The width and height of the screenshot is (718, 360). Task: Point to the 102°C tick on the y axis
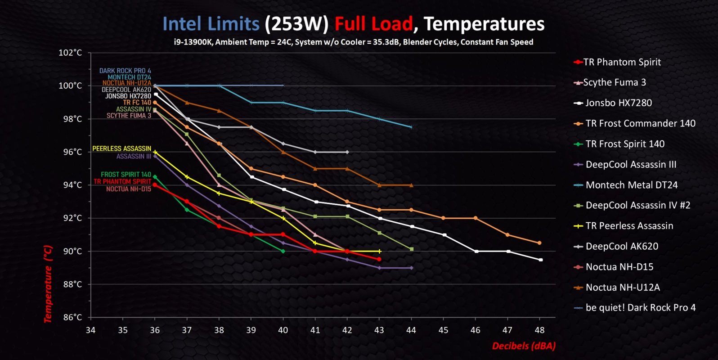pos(70,53)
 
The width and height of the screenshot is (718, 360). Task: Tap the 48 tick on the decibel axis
pos(539,330)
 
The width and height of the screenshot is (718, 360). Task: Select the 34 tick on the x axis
pos(90,330)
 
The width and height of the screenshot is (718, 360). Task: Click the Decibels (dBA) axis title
pos(524,346)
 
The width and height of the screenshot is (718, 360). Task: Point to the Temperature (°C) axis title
pos(48,284)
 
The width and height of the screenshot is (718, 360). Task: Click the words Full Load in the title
pos(373,24)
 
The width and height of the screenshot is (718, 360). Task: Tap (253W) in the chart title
pos(296,24)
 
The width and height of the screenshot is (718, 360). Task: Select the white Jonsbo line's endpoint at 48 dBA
pos(540,260)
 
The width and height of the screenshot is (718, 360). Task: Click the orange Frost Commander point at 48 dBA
pos(539,243)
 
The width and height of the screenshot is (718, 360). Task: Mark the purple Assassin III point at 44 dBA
pos(411,268)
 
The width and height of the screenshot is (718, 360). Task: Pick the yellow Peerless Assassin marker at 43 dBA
pos(379,251)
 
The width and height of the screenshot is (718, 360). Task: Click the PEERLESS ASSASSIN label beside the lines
pos(121,148)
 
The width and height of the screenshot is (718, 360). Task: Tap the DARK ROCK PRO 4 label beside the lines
pos(125,71)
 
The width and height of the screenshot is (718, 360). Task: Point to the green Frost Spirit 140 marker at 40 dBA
pos(283,251)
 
